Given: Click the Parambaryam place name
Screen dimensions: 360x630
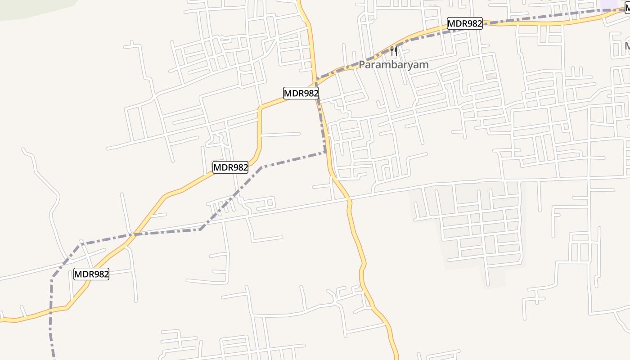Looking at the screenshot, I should tap(393, 64).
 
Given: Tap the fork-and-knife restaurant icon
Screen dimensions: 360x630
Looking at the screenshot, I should tap(394, 51).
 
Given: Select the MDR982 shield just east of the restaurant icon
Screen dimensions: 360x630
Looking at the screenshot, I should tap(464, 23).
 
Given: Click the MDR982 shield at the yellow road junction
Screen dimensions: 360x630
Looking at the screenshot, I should tap(301, 94).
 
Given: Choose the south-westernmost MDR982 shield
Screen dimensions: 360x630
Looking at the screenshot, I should tap(91, 274).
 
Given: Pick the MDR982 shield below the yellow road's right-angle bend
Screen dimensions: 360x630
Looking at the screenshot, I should tap(230, 167).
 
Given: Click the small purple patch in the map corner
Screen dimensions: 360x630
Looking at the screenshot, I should tap(609, 4).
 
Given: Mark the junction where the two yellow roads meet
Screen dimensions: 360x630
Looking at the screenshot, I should tap(315, 84).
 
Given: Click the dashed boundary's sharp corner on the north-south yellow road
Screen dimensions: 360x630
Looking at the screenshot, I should tap(325, 152).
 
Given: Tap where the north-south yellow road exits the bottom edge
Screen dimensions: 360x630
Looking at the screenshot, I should tap(396, 358).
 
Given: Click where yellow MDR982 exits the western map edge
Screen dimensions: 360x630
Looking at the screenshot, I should tap(1, 319).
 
